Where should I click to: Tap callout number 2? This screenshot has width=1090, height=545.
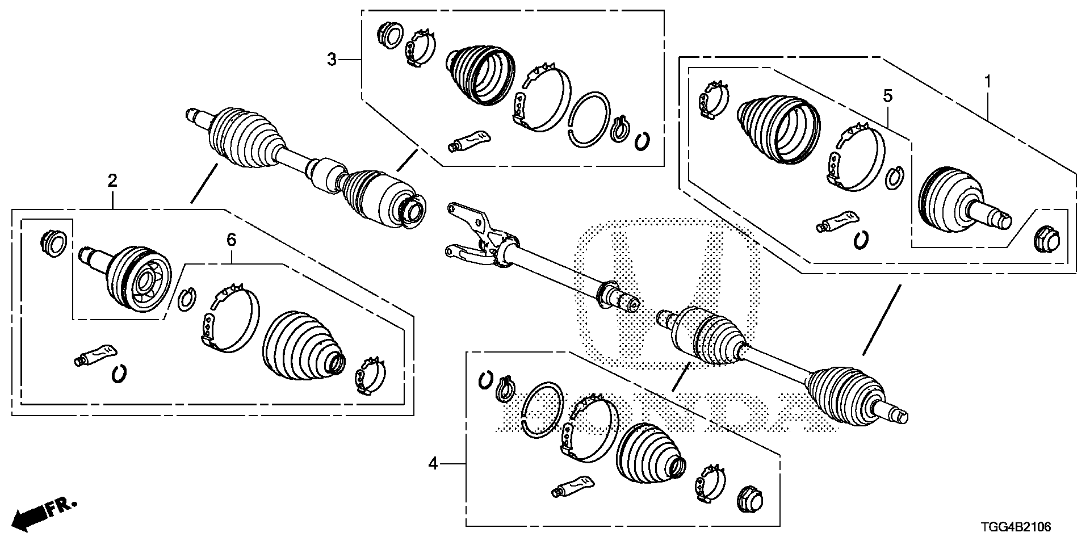112,181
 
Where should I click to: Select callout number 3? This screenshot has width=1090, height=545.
332,59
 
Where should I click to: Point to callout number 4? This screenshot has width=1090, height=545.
433,464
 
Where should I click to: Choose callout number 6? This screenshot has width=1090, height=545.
231,240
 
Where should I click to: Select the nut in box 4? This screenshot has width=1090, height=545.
749,500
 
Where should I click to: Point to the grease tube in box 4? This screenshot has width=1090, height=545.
572,486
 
